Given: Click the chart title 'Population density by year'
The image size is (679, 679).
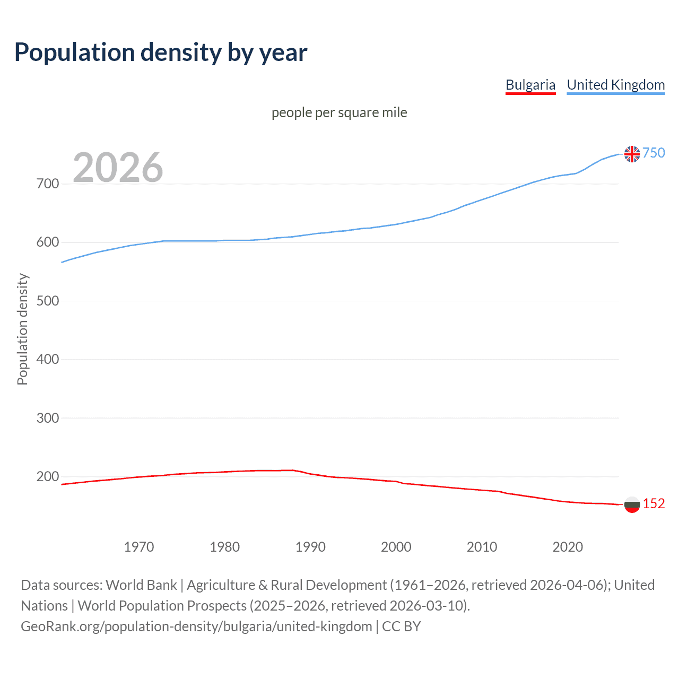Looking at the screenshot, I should [161, 53].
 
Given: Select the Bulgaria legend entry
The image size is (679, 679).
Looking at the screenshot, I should [530, 85].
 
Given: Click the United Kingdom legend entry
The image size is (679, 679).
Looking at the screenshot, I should [615, 85].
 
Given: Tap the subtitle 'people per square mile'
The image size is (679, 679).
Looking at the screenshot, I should [339, 113].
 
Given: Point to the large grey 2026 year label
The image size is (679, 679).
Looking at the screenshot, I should [118, 168].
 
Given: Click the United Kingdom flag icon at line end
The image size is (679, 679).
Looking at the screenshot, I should [632, 154].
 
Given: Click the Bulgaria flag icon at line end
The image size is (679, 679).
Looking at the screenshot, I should [632, 504].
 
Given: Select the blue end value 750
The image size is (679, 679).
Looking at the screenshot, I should [654, 153].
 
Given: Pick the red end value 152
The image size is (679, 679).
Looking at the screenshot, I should [654, 503].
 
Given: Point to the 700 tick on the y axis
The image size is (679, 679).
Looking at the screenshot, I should [48, 184].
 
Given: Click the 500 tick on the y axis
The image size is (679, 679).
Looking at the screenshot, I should [48, 301].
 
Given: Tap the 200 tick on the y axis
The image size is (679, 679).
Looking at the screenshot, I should [48, 476].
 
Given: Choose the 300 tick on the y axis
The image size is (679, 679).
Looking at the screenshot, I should [48, 418].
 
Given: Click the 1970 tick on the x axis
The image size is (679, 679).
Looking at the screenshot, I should [139, 547].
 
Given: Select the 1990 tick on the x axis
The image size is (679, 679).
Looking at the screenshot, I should [310, 547].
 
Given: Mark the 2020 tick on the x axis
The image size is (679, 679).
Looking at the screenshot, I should [568, 547].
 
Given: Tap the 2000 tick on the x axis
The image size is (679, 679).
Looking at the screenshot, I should [396, 547].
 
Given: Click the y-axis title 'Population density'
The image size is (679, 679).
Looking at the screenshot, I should [22, 329].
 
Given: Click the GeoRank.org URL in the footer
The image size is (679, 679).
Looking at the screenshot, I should [196, 626].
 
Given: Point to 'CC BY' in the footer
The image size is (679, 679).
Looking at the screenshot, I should [402, 626].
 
